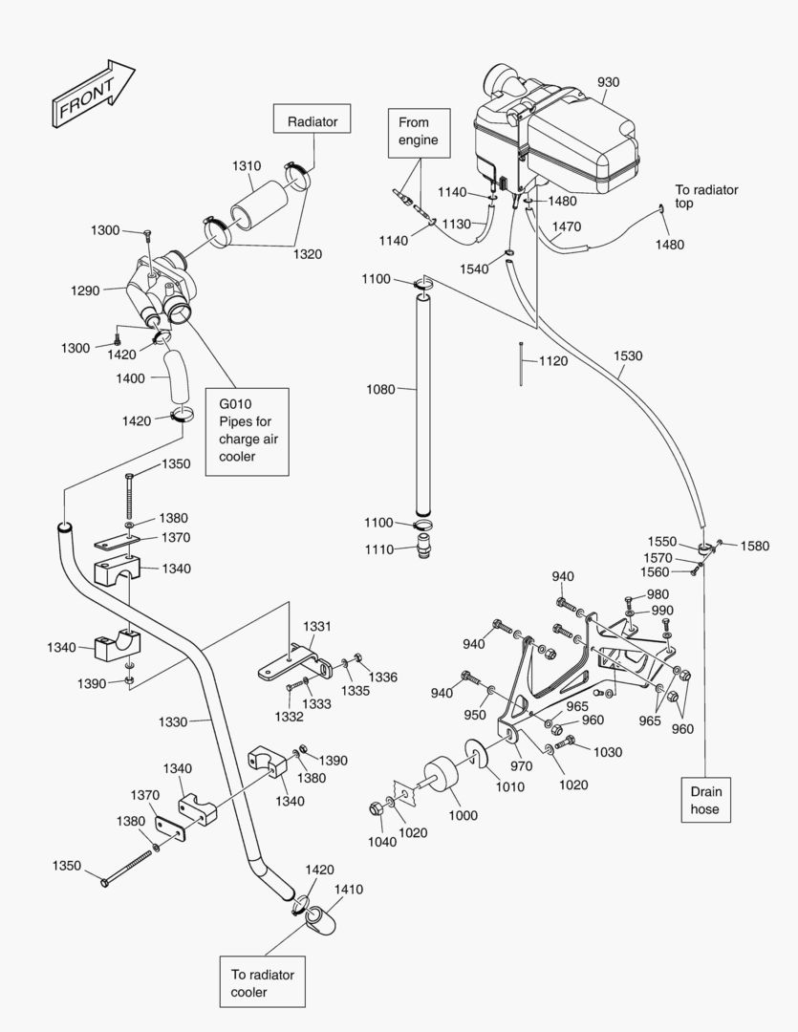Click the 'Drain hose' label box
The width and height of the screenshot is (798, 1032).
[705, 800]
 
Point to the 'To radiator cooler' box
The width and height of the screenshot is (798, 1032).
[262, 983]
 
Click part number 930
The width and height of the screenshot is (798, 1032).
[608, 82]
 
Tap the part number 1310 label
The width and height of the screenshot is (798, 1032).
[246, 165]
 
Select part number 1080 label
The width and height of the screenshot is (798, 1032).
[379, 389]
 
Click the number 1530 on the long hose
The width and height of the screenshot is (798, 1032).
[627, 355]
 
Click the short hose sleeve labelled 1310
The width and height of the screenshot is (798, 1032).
[255, 204]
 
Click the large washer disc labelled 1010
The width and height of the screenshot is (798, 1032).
[476, 755]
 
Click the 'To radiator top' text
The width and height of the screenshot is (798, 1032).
[706, 197]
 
